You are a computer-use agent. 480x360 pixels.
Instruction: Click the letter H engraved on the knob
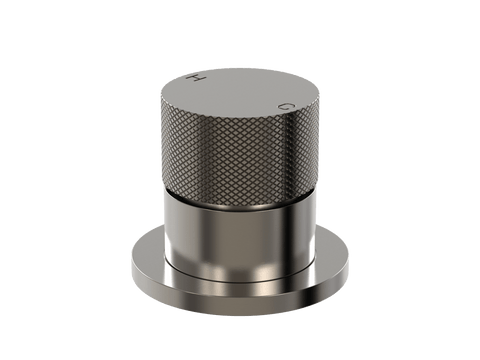point(195,78)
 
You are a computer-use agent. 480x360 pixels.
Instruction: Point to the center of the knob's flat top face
point(239,93)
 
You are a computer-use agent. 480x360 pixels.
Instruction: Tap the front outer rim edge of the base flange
point(239,305)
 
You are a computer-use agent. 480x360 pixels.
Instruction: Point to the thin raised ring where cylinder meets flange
point(239,281)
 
